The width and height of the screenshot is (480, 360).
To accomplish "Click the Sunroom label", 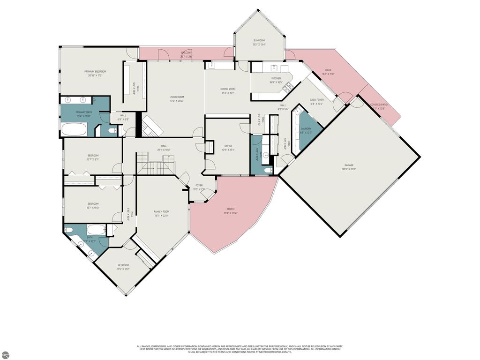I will click(x=259, y=41).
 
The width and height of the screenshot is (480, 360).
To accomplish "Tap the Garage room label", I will click(x=349, y=165).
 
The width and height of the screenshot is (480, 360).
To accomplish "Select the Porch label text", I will click(x=231, y=209).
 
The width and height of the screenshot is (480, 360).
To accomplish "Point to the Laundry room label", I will click(x=306, y=128).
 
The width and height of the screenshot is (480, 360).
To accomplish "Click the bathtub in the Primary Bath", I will click(x=75, y=129).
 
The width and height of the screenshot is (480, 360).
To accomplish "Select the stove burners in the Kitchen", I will click(x=289, y=87).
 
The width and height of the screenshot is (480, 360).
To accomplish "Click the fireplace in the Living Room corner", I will click(x=151, y=126).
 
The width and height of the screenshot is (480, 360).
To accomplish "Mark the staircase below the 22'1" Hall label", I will click(x=155, y=165).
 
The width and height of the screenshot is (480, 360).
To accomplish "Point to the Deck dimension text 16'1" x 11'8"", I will click(x=328, y=74).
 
